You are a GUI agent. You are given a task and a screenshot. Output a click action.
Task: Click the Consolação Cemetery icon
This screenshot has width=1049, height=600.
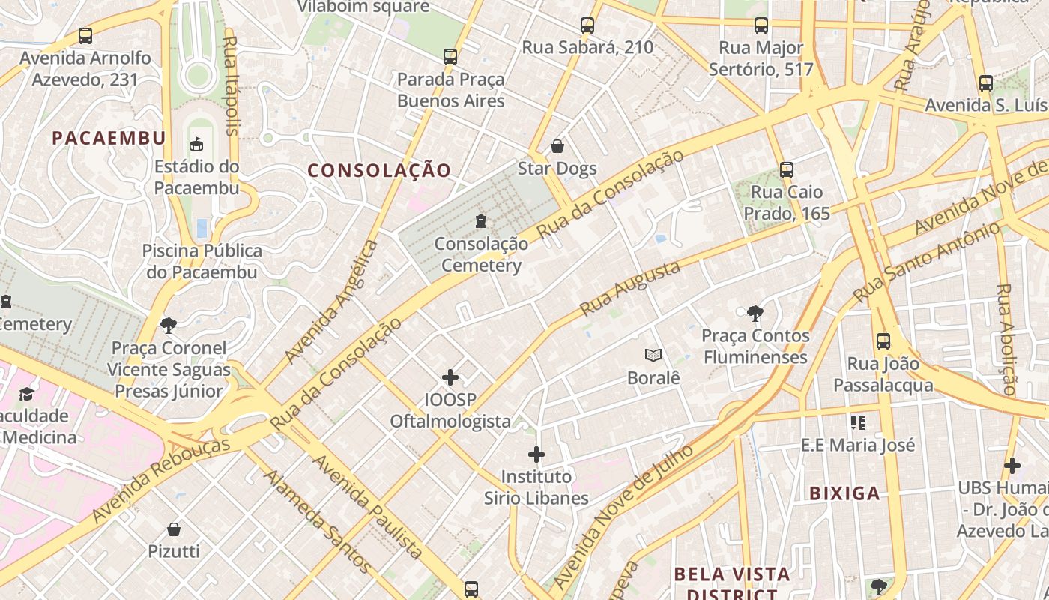click(480, 221)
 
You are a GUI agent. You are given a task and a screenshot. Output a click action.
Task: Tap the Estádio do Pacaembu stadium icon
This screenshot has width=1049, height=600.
click(196, 143)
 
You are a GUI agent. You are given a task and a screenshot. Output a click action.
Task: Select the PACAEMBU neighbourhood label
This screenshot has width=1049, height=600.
click(109, 138)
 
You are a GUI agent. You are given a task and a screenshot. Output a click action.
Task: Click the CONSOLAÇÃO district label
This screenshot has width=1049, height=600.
click(380, 171)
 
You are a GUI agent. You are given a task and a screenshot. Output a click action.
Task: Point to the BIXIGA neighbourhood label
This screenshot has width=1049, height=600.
click(844, 493)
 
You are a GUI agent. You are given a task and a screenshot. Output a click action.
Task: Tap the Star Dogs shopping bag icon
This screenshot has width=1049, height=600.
click(557, 145)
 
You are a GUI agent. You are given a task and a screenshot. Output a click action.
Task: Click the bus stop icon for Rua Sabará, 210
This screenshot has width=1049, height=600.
click(587, 25)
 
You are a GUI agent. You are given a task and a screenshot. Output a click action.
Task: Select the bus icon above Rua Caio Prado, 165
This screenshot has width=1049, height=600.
click(786, 170)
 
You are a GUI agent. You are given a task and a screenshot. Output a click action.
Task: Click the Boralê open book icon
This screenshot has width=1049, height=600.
click(653, 355)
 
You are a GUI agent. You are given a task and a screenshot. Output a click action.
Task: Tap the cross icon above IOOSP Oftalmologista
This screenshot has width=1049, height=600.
click(450, 376)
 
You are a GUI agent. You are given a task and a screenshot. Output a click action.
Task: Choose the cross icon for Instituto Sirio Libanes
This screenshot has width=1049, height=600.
click(536, 454)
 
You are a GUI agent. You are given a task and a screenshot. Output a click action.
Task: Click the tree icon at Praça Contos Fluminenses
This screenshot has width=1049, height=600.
click(755, 313)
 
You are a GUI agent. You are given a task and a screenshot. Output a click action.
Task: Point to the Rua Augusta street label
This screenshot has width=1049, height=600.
click(630, 288)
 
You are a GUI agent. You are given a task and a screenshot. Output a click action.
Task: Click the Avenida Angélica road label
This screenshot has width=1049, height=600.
click(332, 301)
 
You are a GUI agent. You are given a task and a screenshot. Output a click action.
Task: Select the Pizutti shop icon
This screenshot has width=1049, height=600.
click(174, 529)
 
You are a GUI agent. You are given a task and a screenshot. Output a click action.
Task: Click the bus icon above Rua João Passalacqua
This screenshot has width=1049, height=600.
click(883, 341)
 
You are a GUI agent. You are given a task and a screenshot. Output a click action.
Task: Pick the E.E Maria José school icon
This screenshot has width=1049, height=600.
click(858, 423)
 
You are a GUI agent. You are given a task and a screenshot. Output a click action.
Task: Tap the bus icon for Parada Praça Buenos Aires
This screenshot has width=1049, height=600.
click(450, 57)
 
